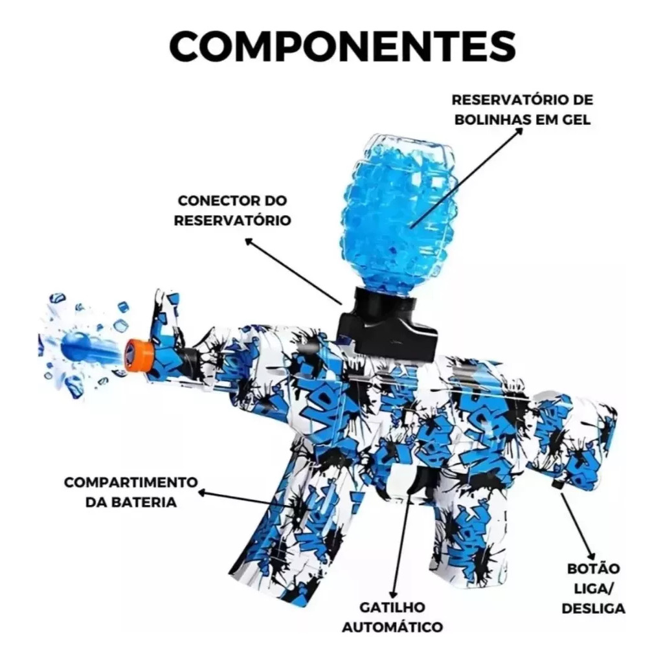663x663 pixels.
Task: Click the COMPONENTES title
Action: tap(343, 45)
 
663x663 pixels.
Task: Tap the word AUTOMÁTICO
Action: tap(392, 627)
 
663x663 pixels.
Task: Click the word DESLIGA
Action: tap(593, 608)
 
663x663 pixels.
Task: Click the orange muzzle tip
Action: tap(137, 353)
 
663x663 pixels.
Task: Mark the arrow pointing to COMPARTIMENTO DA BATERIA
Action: tap(245, 499)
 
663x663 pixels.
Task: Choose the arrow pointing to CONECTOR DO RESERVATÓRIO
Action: tap(293, 271)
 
